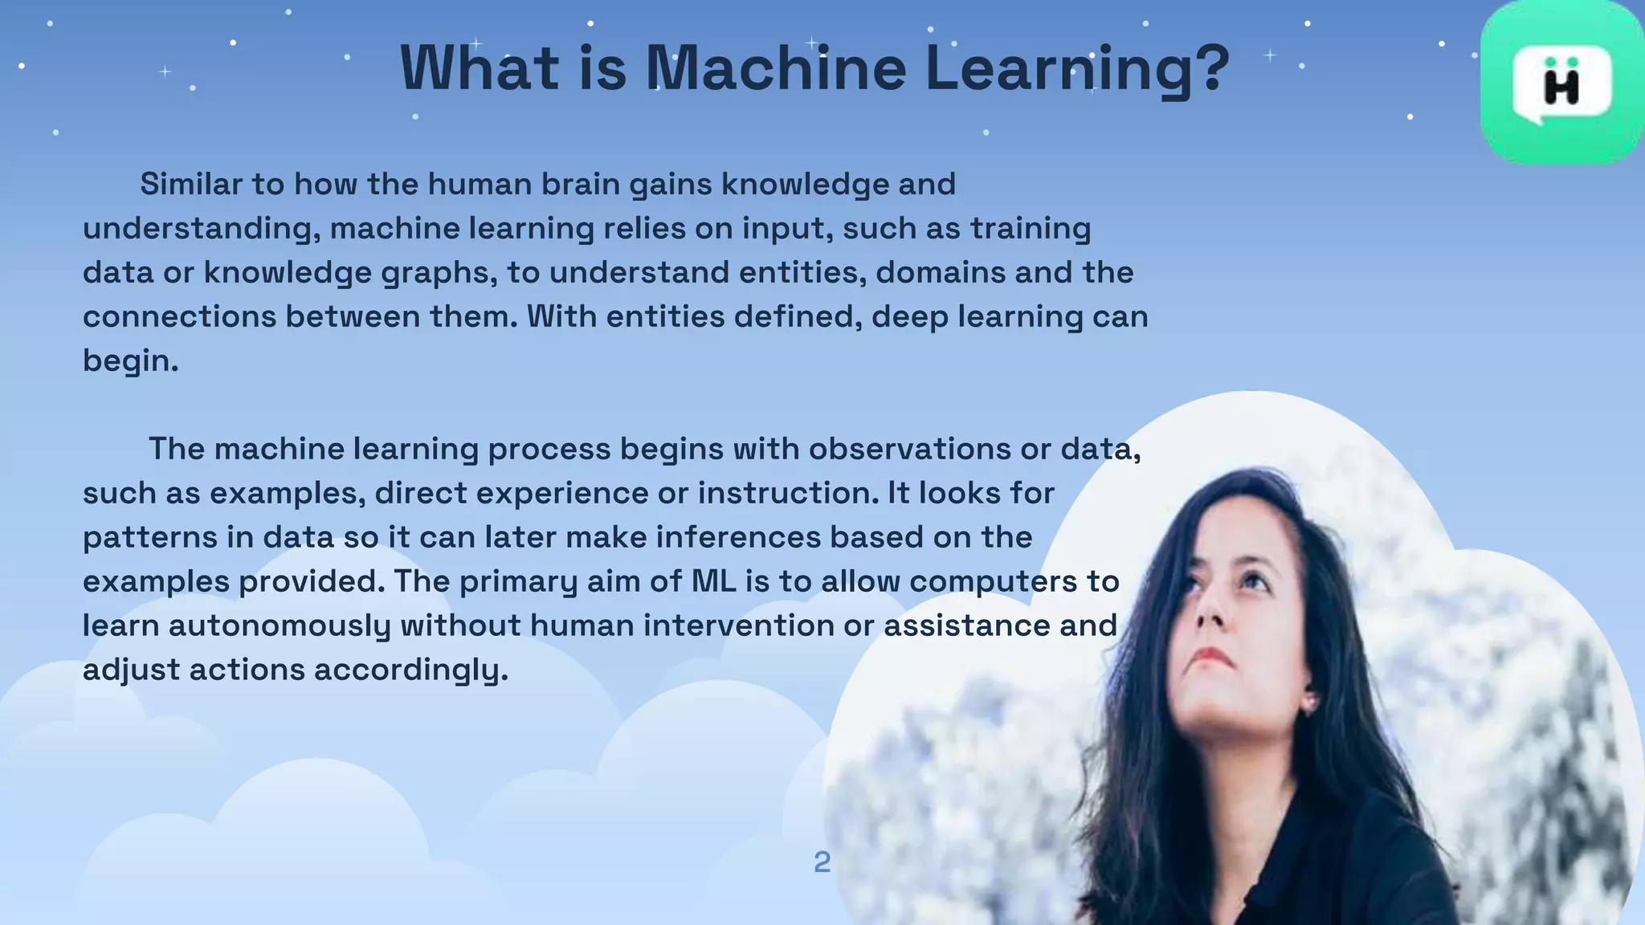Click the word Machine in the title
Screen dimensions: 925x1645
(x=776, y=67)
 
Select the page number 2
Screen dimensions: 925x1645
(x=822, y=862)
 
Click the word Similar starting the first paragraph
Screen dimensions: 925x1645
(x=191, y=185)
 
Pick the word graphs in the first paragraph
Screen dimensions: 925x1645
(x=435, y=273)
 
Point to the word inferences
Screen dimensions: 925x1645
(x=738, y=537)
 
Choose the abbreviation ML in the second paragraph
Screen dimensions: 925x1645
(x=714, y=581)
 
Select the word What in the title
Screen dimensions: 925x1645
(x=480, y=67)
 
